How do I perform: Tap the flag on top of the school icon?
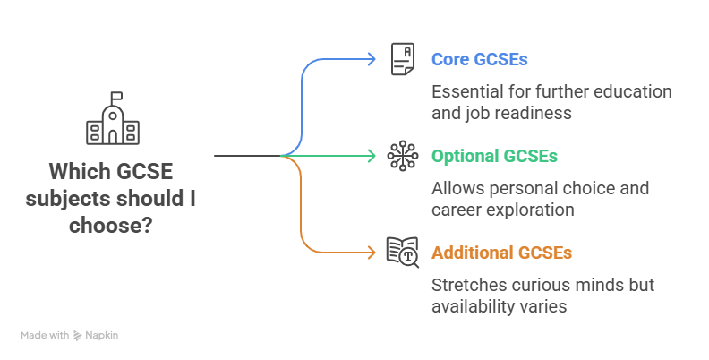[116, 95]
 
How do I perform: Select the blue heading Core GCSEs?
[479, 60]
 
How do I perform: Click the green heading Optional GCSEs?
[494, 156]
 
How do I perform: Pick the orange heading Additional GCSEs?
[501, 253]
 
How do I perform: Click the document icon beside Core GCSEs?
[403, 60]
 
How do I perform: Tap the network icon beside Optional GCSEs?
[403, 156]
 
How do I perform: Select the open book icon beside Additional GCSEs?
[403, 253]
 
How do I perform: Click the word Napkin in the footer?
[103, 335]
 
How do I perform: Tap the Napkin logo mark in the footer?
[79, 335]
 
